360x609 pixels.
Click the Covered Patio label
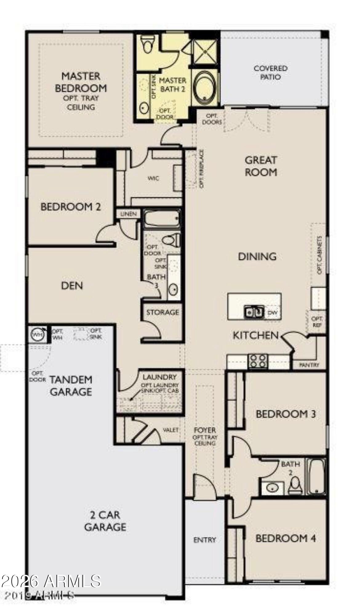270,72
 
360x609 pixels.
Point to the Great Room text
261,166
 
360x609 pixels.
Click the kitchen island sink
254,312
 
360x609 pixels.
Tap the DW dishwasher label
272,313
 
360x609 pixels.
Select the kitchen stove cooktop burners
258,361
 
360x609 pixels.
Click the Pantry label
309,365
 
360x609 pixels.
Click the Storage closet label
162,312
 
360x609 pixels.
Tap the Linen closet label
129,214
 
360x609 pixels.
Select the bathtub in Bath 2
316,476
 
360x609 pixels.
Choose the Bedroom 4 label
286,538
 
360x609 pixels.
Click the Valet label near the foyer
170,430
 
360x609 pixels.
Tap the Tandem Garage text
71,385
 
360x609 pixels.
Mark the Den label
72,286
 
